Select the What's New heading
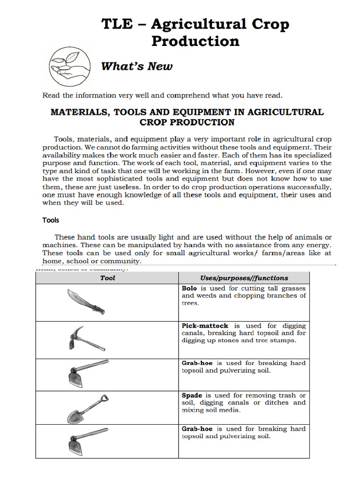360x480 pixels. point(137,66)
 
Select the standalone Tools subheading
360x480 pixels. point(51,219)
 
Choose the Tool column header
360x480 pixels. point(107,278)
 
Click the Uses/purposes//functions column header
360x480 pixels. point(244,278)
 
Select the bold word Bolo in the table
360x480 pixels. point(190,288)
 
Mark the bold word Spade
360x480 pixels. point(192,395)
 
